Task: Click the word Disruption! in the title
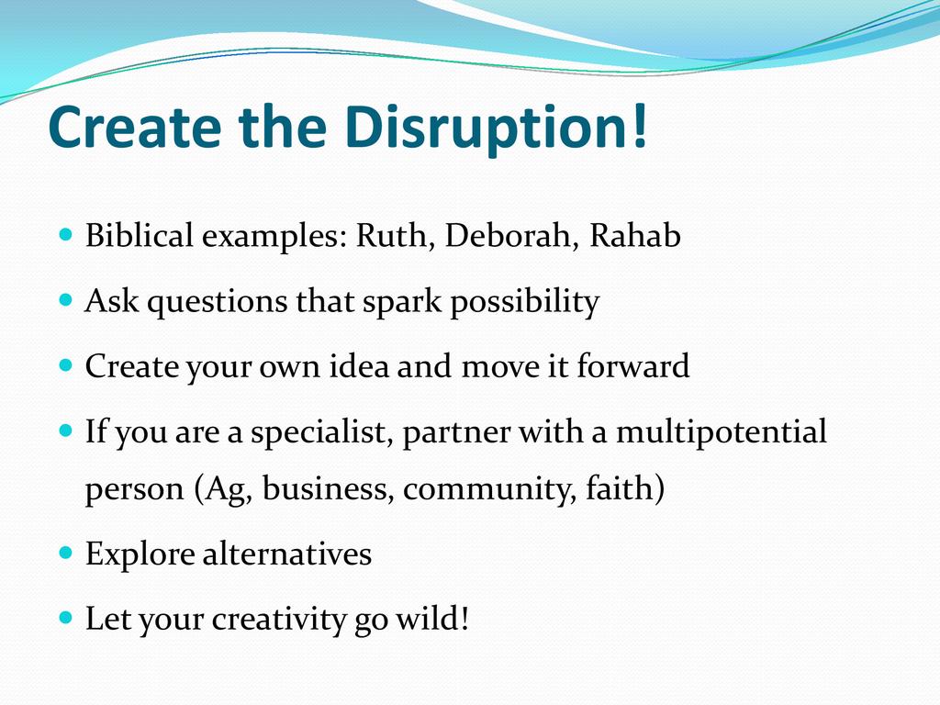pyautogui.click(x=497, y=128)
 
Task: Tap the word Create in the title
pyautogui.click(x=135, y=127)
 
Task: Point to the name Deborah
pyautogui.click(x=511, y=234)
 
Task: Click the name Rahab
pyautogui.click(x=635, y=234)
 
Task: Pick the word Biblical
pyautogui.click(x=140, y=234)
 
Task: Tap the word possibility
pyautogui.click(x=524, y=301)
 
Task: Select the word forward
pyautogui.click(x=633, y=365)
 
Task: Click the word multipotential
pyautogui.click(x=722, y=431)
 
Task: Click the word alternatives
pyautogui.click(x=287, y=554)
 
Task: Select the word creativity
pyautogui.click(x=279, y=620)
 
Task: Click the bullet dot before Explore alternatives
pyautogui.click(x=66, y=552)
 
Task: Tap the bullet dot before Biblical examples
pyautogui.click(x=66, y=233)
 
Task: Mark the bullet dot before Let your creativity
pyautogui.click(x=66, y=617)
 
